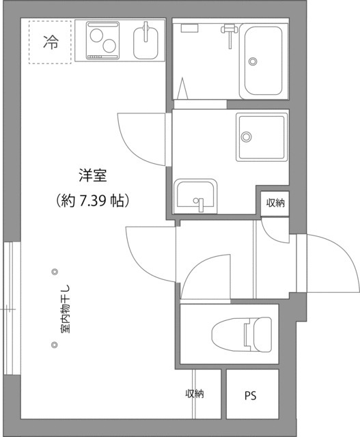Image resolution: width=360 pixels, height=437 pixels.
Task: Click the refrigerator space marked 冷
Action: (x=50, y=42)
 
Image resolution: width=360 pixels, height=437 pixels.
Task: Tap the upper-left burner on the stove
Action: (x=96, y=36)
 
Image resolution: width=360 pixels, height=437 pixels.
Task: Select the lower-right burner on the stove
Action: (x=109, y=46)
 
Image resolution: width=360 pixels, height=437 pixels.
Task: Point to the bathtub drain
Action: (x=253, y=61)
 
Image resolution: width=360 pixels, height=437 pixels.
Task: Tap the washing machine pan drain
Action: (x=246, y=137)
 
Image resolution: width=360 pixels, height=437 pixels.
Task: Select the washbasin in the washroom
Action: (x=195, y=196)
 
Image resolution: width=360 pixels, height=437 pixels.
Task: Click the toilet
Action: (x=242, y=334)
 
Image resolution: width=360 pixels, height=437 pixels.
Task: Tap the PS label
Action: (x=250, y=396)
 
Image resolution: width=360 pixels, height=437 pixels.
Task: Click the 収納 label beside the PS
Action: (x=195, y=393)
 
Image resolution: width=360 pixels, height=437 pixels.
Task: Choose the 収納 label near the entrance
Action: (x=275, y=203)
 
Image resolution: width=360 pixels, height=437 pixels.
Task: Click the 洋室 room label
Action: (x=93, y=176)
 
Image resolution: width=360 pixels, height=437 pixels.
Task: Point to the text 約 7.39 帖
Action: (x=92, y=200)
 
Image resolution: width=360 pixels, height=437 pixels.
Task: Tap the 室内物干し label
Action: (x=65, y=309)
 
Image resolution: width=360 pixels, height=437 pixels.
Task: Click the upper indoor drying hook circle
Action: (x=55, y=272)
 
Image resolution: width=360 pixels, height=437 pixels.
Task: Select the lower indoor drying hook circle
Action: (x=55, y=345)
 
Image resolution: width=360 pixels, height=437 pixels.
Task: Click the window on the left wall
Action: (x=12, y=309)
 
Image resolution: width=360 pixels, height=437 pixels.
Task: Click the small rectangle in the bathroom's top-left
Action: (x=190, y=28)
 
